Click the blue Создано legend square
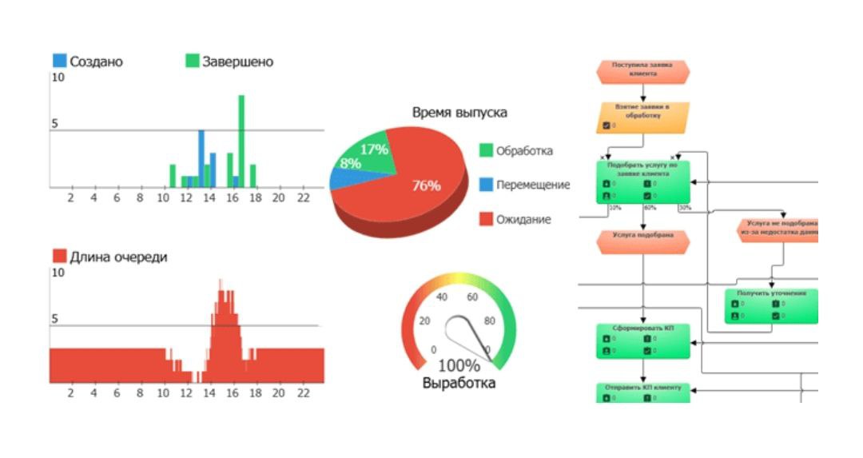[60, 61]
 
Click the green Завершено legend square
[192, 61]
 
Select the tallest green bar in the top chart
[241, 141]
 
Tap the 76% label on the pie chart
[426, 185]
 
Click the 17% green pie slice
[374, 149]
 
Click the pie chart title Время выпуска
[459, 113]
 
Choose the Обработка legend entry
[523, 150]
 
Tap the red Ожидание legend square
[486, 219]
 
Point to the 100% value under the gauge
[459, 367]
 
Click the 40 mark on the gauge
[441, 297]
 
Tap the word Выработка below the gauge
[459, 384]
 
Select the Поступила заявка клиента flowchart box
[642, 70]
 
